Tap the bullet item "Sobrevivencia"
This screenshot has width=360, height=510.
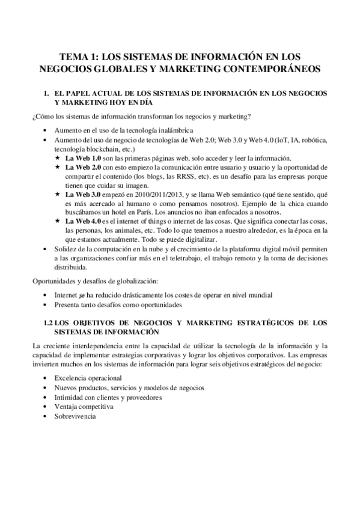click(75, 416)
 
